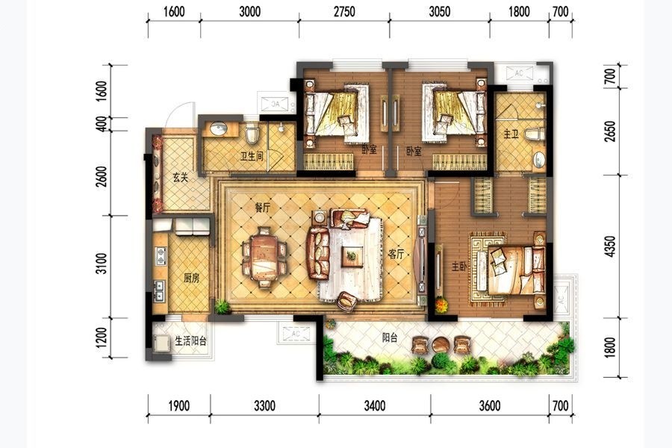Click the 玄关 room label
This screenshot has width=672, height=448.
(x=181, y=177)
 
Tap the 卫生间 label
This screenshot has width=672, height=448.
(x=252, y=156)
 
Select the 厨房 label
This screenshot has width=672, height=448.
(x=192, y=279)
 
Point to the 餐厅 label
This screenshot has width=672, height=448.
(x=263, y=208)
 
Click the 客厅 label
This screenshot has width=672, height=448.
(x=396, y=254)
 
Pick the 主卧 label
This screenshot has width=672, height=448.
(x=459, y=267)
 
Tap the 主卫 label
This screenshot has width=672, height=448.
(x=511, y=134)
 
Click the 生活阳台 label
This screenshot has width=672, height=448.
(x=190, y=340)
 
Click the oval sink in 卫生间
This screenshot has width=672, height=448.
(x=219, y=128)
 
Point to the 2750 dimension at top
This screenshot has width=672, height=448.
(x=344, y=11)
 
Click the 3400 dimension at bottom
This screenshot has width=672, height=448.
(x=375, y=405)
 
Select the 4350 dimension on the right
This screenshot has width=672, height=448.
(x=610, y=246)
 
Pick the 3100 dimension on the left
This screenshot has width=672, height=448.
(x=101, y=264)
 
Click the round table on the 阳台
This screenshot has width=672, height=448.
(x=440, y=343)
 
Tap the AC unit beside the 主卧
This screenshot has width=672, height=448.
(x=561, y=296)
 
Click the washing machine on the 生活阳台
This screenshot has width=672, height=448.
(x=162, y=342)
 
